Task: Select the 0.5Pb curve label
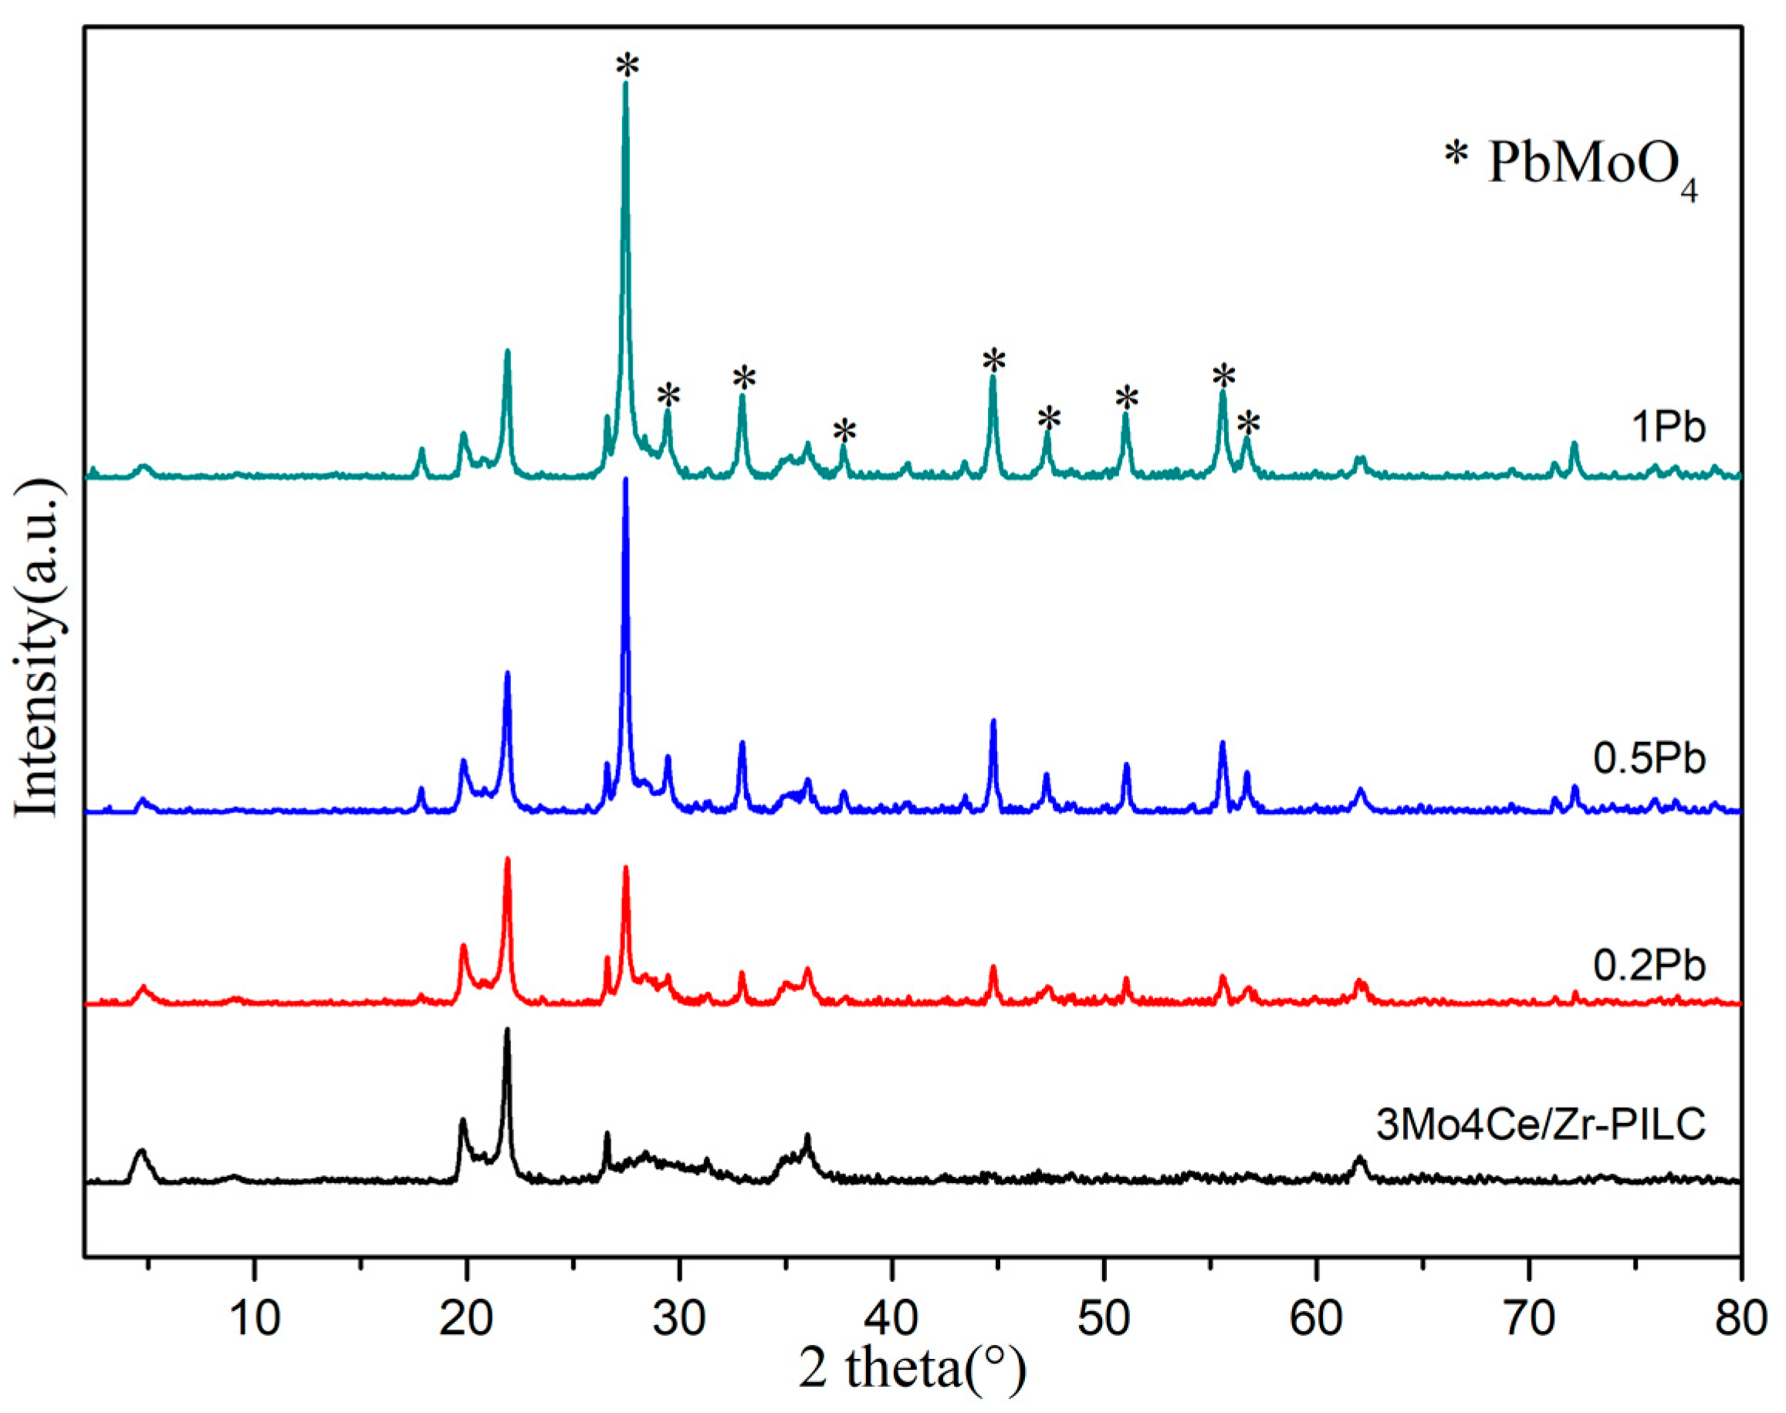coord(1649,759)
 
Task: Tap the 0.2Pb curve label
coord(1649,966)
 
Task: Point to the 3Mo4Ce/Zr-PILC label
coord(1541,1125)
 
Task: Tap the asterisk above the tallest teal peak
coord(627,65)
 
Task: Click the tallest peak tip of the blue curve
coord(626,480)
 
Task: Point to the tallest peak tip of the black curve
coord(507,1030)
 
